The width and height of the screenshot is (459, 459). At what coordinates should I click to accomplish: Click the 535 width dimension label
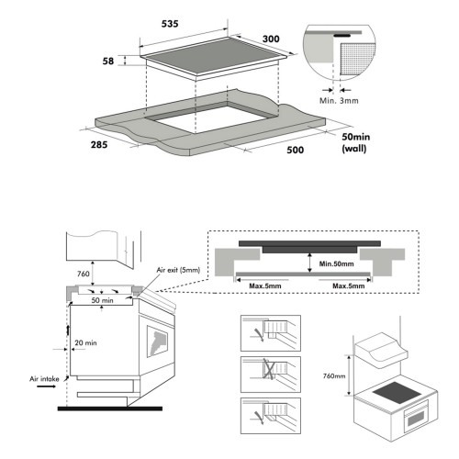click(x=170, y=24)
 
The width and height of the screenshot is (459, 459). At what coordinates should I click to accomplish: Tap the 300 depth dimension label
click(x=271, y=39)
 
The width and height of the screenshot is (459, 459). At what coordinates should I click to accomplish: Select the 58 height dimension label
click(x=108, y=62)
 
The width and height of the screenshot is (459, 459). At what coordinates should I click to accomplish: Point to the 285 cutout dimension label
click(x=99, y=144)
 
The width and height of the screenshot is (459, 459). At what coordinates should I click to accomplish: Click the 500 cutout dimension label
click(x=296, y=150)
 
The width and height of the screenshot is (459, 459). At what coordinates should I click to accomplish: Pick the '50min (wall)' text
click(x=355, y=142)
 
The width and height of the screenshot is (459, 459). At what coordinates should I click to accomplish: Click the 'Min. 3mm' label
click(x=339, y=101)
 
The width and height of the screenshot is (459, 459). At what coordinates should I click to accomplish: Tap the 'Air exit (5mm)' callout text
click(x=178, y=270)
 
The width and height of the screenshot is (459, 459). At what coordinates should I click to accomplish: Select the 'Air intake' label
click(x=44, y=379)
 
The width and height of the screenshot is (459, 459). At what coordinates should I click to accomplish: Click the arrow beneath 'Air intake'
click(x=46, y=386)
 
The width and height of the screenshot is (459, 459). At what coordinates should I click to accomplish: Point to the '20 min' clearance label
click(x=85, y=343)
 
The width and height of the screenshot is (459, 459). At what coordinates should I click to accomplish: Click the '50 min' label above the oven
click(x=102, y=300)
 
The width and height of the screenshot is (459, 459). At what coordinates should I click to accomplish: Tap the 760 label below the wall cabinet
click(x=84, y=274)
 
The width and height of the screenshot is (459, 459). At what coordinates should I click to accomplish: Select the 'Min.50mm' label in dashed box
click(x=336, y=263)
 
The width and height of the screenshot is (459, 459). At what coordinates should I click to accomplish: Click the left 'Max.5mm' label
click(x=265, y=286)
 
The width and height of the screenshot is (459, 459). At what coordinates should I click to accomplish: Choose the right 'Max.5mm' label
click(x=349, y=286)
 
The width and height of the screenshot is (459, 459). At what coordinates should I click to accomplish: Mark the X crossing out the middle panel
click(x=268, y=369)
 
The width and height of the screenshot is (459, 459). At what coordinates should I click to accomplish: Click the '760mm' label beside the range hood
click(x=334, y=375)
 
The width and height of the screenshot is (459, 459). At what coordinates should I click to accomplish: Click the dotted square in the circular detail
click(x=357, y=59)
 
